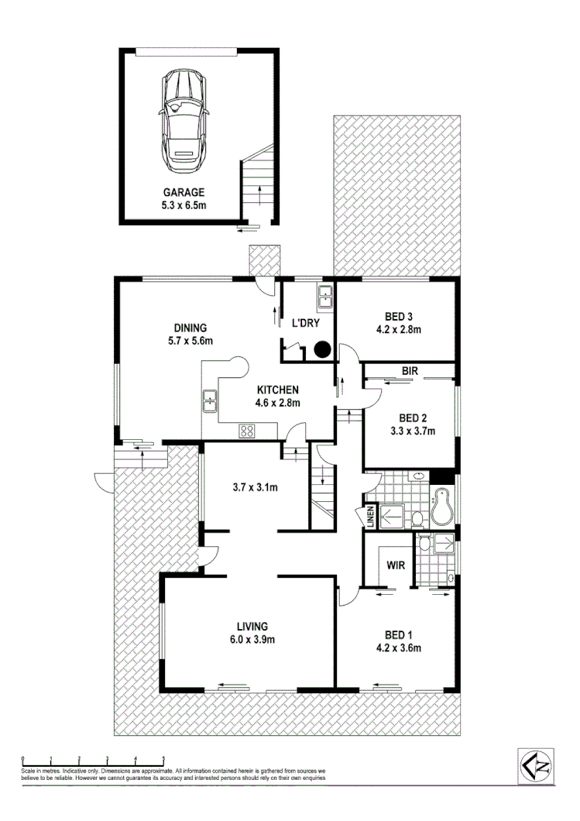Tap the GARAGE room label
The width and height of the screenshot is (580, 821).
coord(183,192)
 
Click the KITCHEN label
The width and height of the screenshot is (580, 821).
coord(279,390)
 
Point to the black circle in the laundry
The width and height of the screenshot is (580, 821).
coord(322,350)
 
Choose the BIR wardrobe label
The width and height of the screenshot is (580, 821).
coord(410,372)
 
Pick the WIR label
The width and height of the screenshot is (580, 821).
coord(396,565)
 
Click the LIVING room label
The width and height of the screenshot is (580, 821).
coord(252,626)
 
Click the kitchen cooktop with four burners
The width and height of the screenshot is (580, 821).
coord(248,431)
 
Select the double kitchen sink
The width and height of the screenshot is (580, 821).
coord(209,401)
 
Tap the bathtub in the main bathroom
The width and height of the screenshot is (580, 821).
coord(445,505)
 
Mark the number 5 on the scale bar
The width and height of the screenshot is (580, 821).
coord(163,758)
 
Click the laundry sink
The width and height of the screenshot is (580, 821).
coord(324,294)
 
